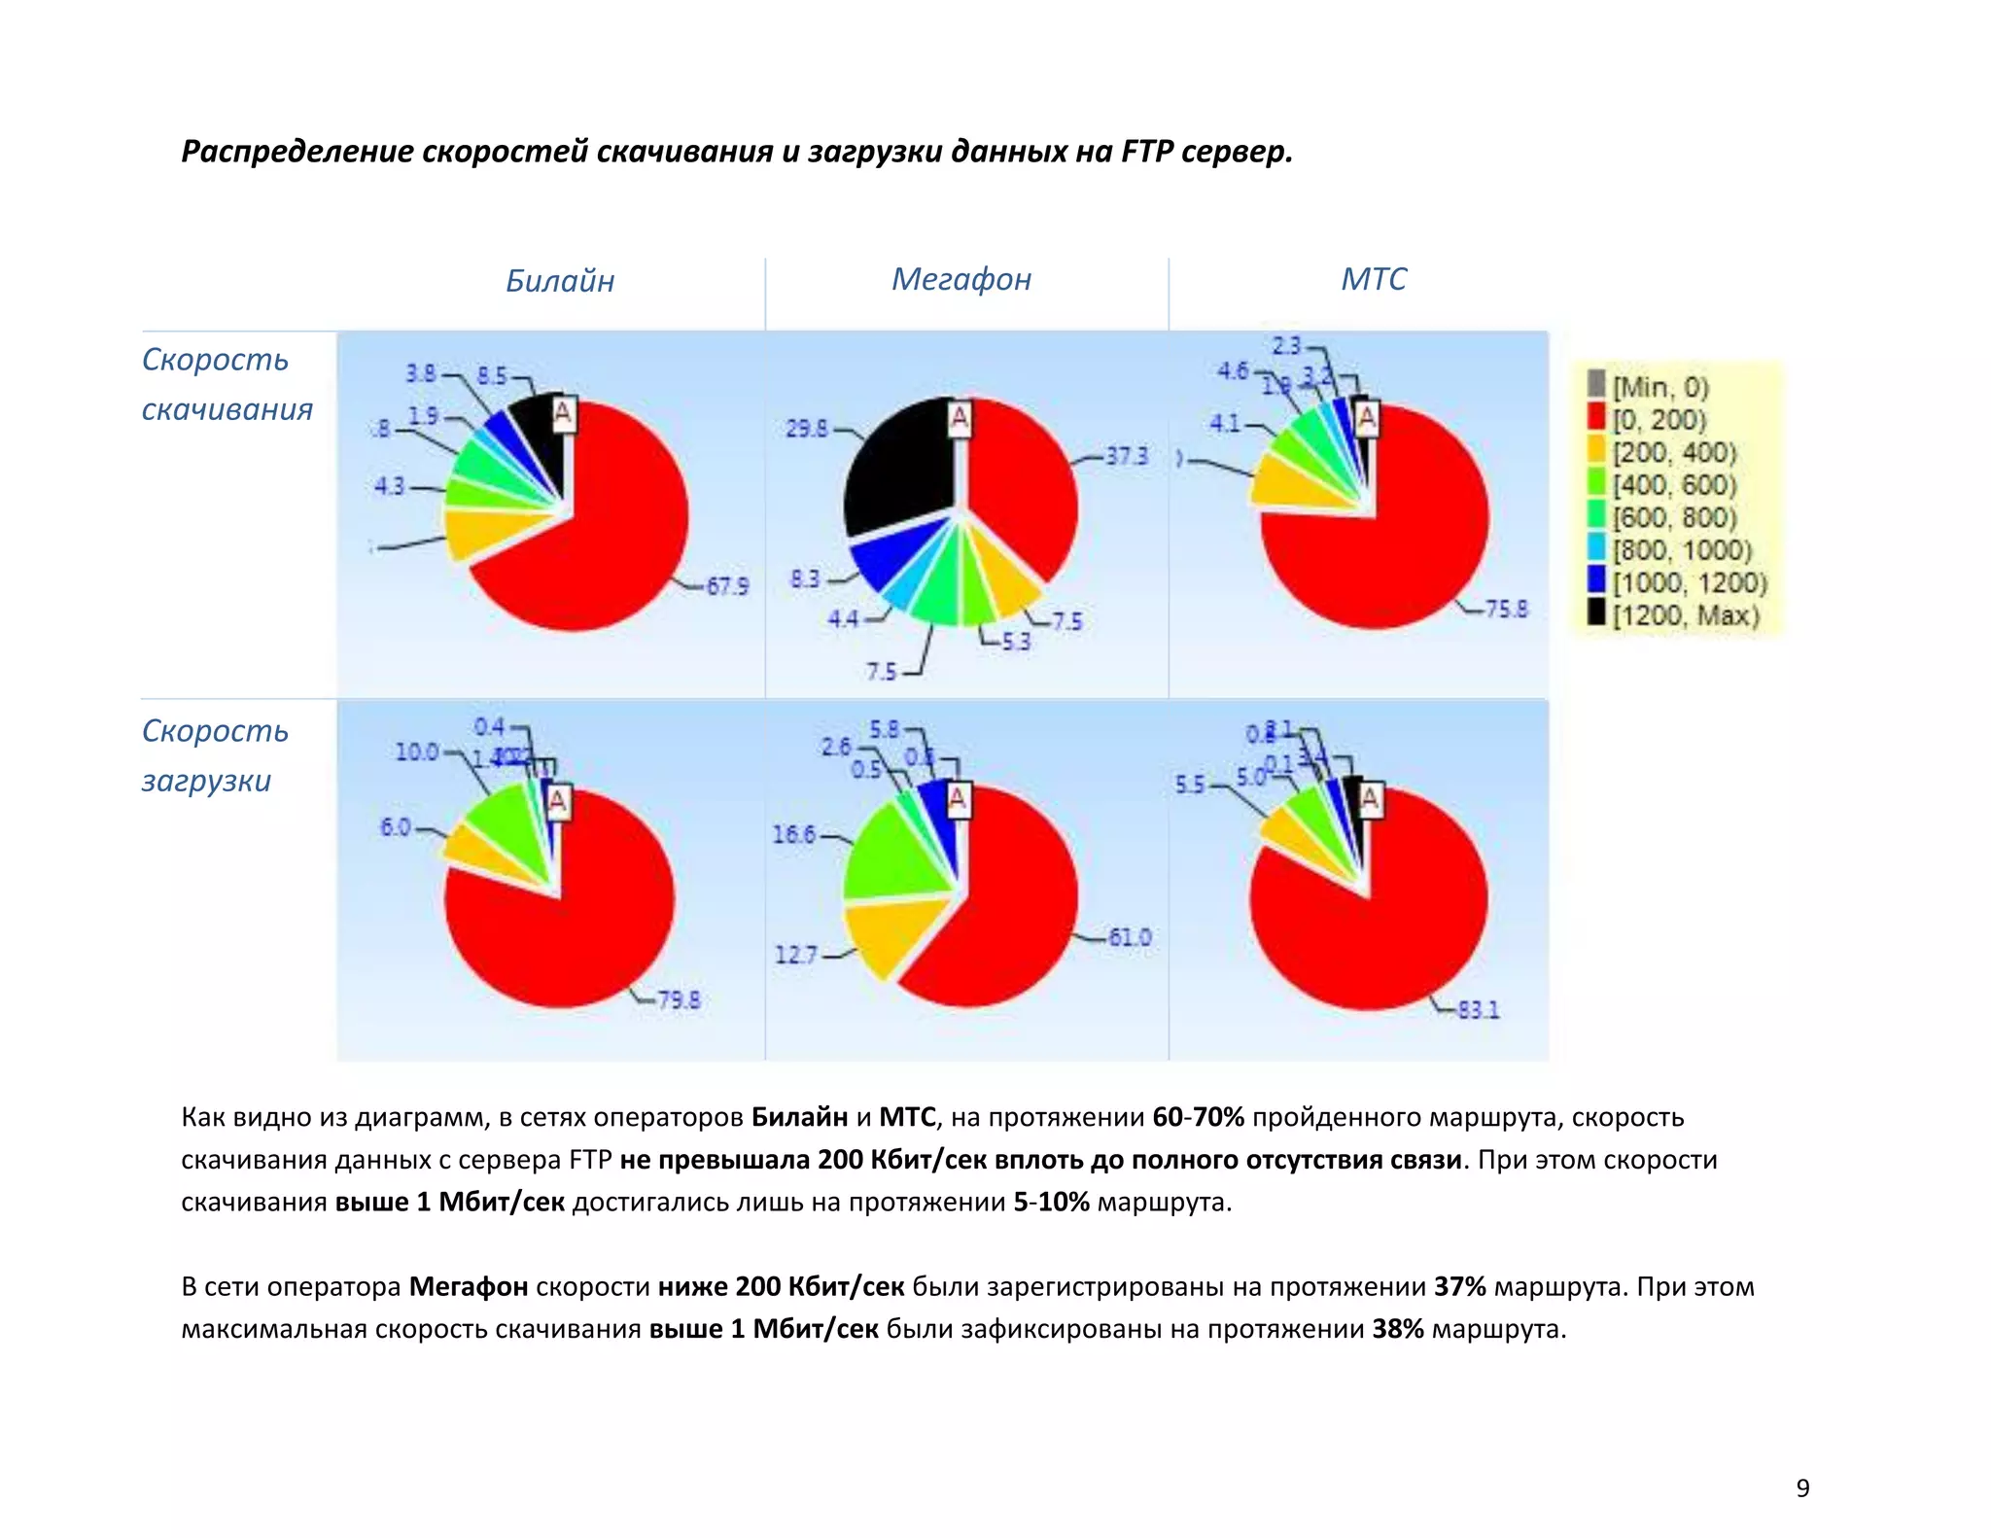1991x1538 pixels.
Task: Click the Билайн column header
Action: click(560, 281)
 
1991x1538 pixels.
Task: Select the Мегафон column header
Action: click(961, 280)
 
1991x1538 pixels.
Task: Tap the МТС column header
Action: click(1373, 280)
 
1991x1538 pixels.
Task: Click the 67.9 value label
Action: click(727, 586)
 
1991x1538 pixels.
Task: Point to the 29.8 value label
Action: click(807, 429)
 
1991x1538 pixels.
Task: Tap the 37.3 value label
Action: click(1127, 456)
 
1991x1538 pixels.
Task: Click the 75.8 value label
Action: click(1507, 610)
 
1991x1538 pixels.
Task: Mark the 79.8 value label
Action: click(679, 1000)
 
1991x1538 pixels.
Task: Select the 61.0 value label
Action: click(1130, 937)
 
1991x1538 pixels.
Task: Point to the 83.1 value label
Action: click(1479, 1010)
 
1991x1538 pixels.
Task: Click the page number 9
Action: click(1802, 1487)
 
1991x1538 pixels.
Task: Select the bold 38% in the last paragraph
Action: click(1397, 1329)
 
